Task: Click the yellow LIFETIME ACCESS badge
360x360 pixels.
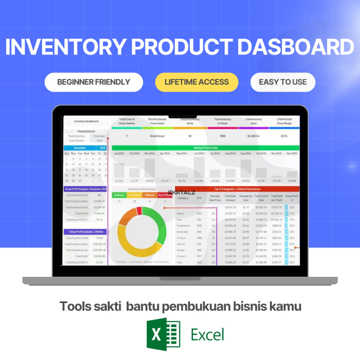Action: [x=197, y=82]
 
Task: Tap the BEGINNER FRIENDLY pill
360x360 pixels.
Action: [x=94, y=82]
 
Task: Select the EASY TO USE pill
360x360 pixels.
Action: [x=283, y=82]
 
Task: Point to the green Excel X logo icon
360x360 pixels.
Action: [x=163, y=334]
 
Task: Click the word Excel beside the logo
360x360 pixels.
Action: [x=207, y=334]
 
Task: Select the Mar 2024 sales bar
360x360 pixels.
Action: [x=149, y=168]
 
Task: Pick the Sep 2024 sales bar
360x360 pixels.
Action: [x=245, y=168]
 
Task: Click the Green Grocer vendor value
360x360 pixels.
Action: [x=157, y=136]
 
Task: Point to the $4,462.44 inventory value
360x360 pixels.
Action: [x=253, y=136]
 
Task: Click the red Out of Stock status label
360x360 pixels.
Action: [x=165, y=195]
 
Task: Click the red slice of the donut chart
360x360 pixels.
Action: [x=139, y=211]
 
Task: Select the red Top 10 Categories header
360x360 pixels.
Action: [x=237, y=189]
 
